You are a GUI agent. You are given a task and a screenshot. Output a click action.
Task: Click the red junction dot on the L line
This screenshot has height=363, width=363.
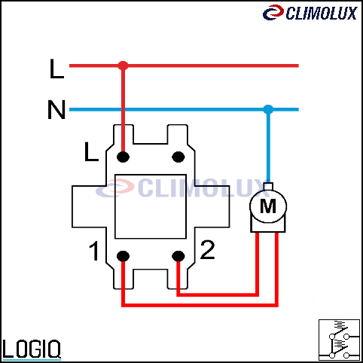[123, 66]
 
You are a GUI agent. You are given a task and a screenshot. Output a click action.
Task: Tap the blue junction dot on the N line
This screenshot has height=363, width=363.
[268, 109]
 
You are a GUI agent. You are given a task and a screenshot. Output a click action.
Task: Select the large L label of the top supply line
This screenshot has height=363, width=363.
[57, 69]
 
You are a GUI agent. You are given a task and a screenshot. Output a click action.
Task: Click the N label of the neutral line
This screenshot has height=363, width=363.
[56, 109]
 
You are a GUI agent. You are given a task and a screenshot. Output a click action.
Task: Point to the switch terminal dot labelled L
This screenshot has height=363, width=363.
[123, 157]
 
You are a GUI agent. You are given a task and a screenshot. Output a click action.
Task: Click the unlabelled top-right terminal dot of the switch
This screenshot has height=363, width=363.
[178, 157]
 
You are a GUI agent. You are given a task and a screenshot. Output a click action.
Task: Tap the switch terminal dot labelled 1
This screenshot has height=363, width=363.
[123, 256]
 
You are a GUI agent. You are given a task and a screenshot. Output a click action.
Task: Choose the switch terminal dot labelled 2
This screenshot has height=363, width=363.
[178, 256]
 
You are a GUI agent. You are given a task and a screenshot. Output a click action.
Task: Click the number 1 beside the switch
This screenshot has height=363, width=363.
[94, 251]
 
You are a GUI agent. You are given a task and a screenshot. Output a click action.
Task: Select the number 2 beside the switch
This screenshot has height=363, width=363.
[208, 249]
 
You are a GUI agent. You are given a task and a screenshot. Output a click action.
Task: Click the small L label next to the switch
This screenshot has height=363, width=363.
[91, 151]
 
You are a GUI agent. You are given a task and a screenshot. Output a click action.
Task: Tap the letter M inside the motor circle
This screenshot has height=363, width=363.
[268, 206]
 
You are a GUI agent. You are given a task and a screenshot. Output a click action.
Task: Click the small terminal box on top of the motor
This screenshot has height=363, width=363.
[268, 187]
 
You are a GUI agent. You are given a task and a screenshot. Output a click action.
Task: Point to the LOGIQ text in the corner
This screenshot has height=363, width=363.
[32, 349]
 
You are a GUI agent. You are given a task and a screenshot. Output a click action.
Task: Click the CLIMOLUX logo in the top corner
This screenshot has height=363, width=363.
[310, 13]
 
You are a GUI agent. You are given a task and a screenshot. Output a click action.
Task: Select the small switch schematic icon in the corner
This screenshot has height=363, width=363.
[339, 340]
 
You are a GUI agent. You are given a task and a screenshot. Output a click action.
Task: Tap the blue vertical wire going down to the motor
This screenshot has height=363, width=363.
[268, 146]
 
